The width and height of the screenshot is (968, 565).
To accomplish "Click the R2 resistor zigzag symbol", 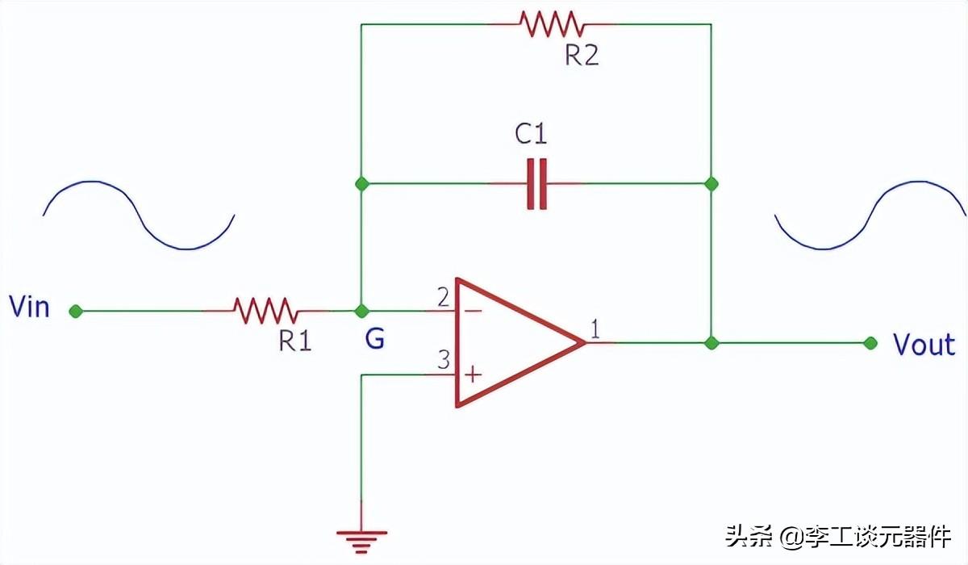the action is (553, 24).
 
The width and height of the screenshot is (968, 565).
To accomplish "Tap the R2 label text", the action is (582, 56).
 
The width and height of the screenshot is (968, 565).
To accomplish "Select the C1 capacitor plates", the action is (536, 184).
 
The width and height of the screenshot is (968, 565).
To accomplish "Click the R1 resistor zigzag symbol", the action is (265, 311).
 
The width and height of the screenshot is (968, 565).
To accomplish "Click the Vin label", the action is (29, 307).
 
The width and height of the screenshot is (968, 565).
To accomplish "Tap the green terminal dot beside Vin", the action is (76, 312).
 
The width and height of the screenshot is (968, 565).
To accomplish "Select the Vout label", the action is (924, 345).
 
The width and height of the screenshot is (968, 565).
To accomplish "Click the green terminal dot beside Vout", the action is (870, 343).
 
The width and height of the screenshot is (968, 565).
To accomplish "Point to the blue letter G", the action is (374, 339).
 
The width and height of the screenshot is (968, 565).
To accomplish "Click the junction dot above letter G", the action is (361, 311).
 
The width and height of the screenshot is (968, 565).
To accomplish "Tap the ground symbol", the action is (361, 542).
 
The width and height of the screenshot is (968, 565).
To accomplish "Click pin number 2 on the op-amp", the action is (443, 297).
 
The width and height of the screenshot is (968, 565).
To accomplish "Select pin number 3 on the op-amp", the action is (444, 360).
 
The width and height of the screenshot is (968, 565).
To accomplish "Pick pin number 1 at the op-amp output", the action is (595, 329).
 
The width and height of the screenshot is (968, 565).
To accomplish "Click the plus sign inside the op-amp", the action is (474, 375).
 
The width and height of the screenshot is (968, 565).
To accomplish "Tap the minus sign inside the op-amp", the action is (474, 311).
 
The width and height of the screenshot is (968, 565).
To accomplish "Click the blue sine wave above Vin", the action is (139, 215).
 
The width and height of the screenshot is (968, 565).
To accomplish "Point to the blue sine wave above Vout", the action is (870, 216).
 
